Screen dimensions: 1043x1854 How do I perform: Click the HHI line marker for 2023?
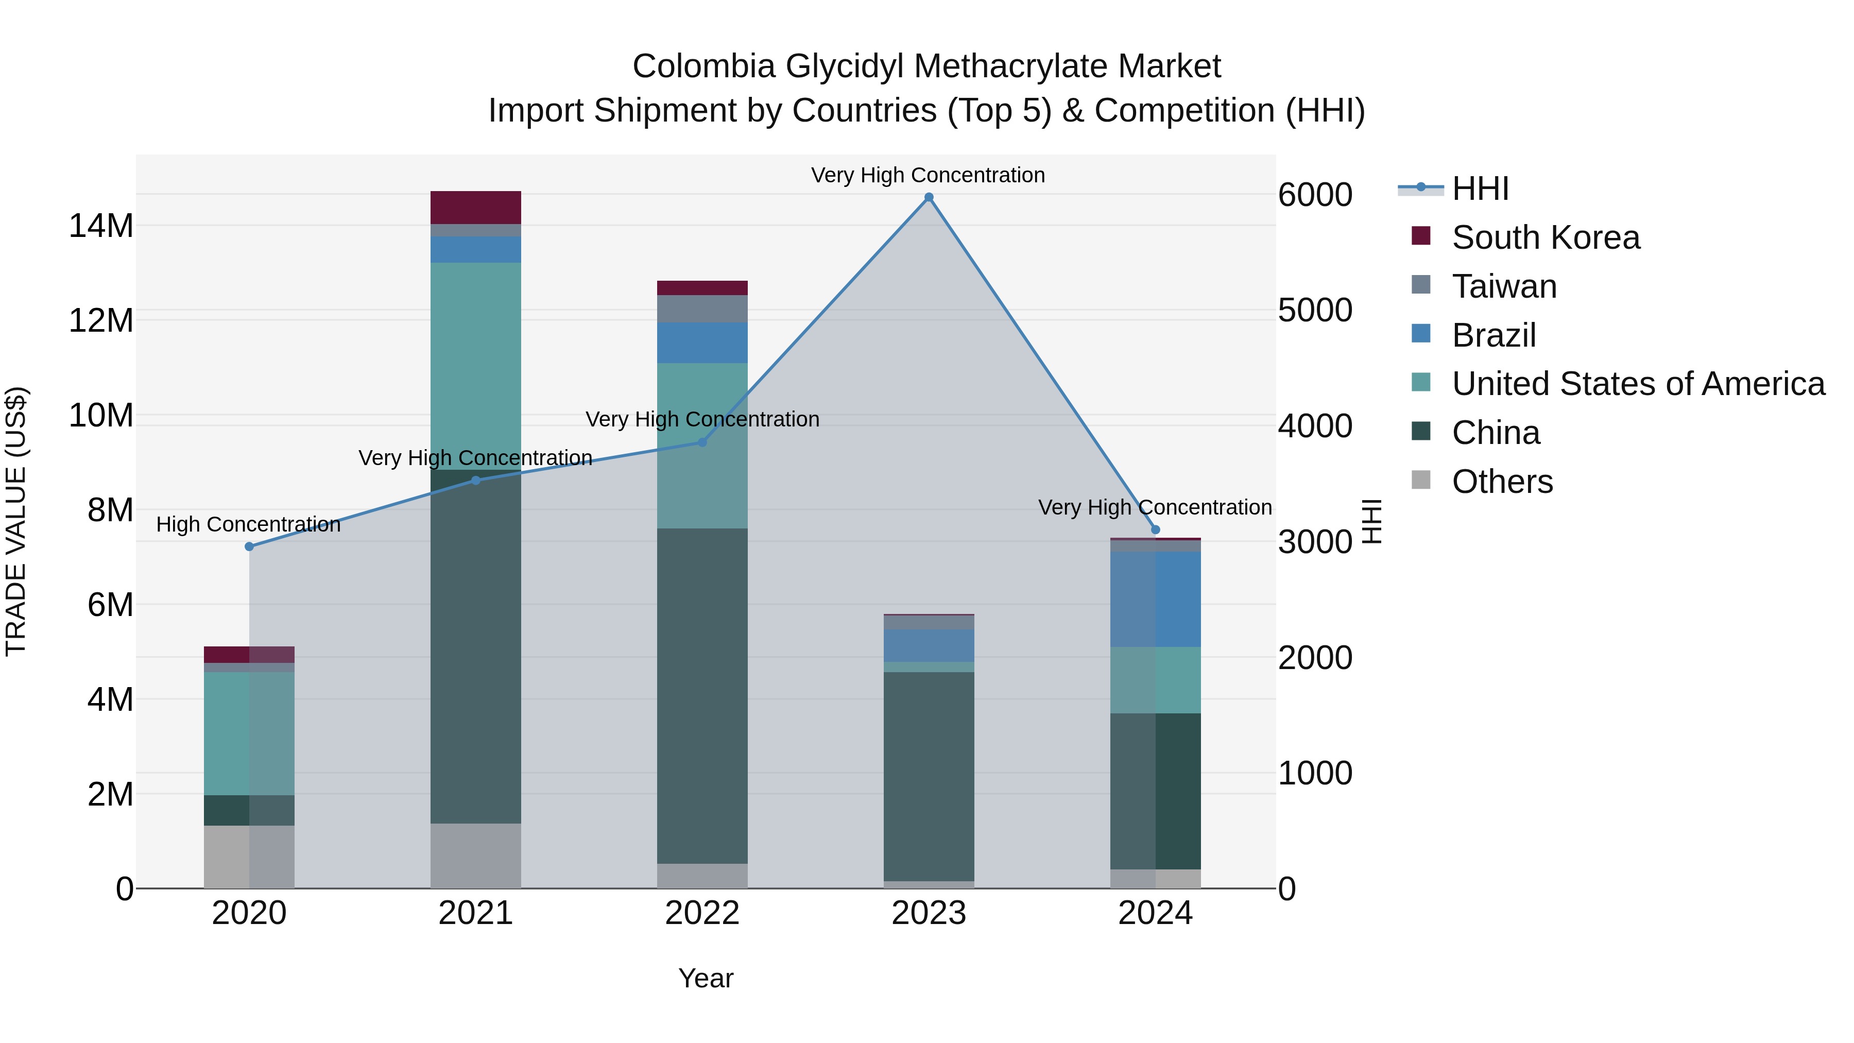coord(929,197)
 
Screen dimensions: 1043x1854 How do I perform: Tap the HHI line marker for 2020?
coord(249,546)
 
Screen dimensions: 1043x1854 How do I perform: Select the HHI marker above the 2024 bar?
coord(1155,530)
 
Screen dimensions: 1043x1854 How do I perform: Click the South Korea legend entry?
coord(1544,237)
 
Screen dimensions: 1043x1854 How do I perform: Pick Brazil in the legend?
coord(1493,335)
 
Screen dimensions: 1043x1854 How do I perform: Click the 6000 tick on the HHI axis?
coord(1315,195)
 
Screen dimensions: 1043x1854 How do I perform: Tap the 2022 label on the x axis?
coord(702,913)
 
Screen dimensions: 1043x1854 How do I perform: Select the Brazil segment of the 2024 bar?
coord(1155,599)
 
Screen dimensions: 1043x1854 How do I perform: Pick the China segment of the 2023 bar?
coord(929,776)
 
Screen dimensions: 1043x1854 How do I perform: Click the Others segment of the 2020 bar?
coord(249,857)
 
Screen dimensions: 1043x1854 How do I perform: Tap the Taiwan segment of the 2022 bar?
coord(702,309)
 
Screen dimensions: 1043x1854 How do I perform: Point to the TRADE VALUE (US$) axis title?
coord(16,521)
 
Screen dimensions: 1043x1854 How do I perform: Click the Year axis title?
coord(706,978)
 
